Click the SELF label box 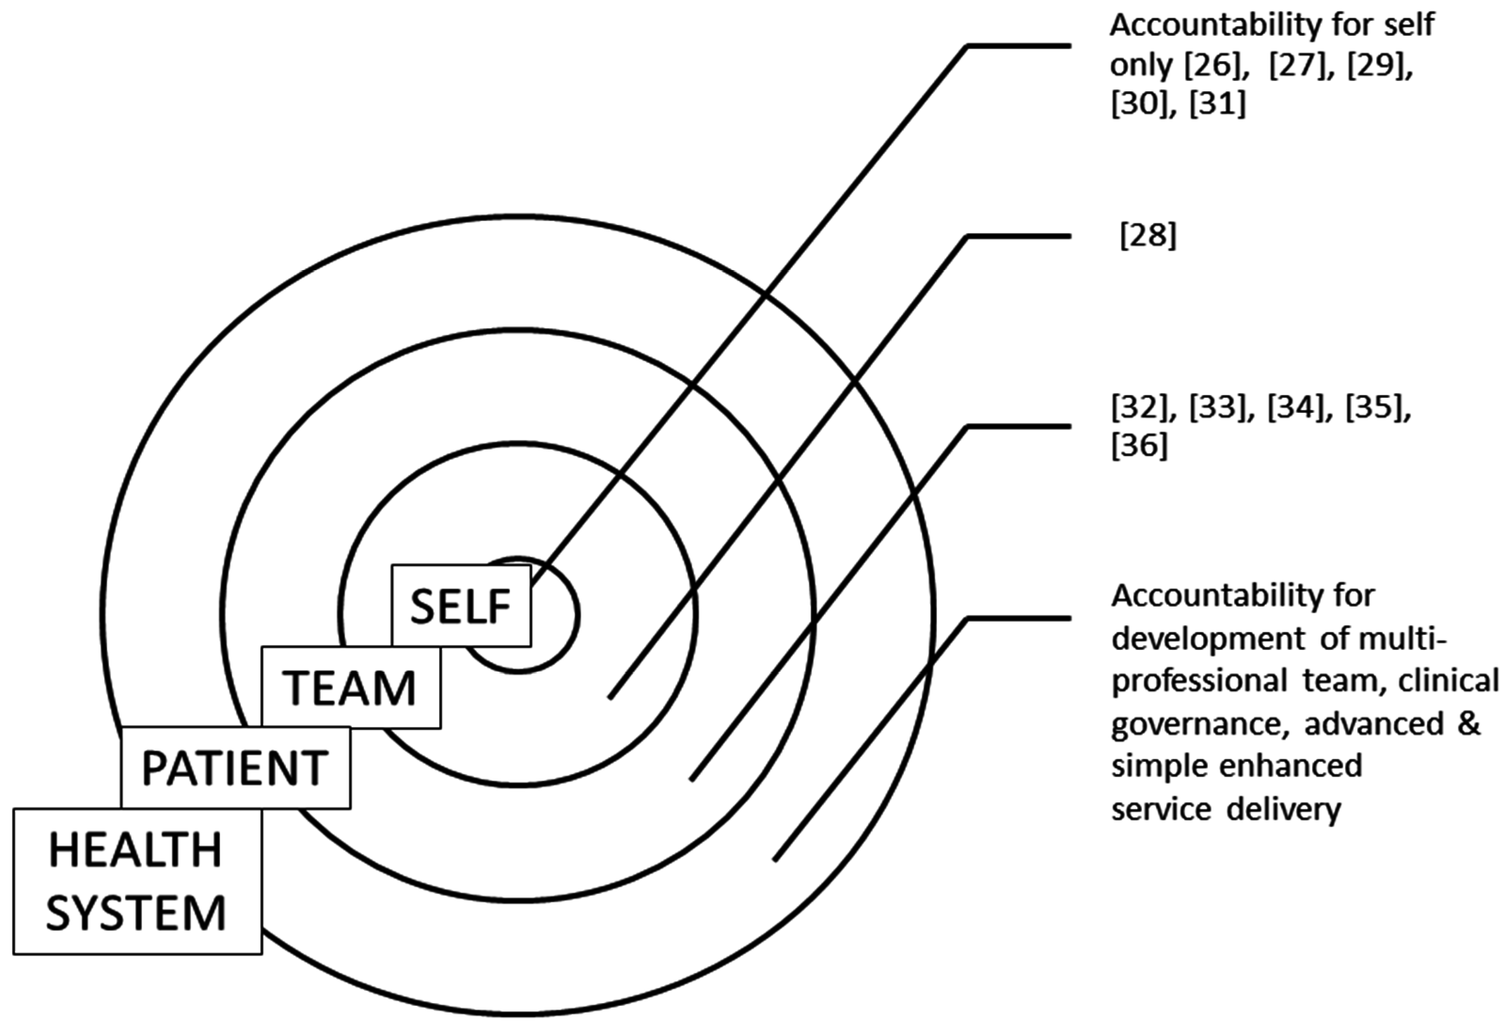[461, 606]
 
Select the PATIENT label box [235, 768]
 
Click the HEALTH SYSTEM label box [137, 881]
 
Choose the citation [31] [1218, 104]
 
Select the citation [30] [1139, 104]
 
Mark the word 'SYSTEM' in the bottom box [136, 912]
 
